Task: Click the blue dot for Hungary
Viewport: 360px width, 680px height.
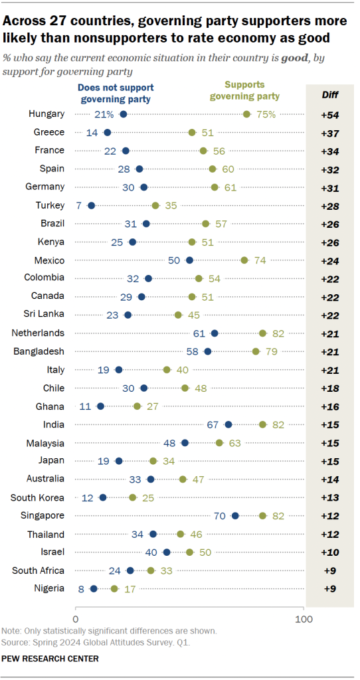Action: [124, 114]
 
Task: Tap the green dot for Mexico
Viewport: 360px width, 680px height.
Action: [244, 260]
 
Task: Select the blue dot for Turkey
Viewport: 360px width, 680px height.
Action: [92, 205]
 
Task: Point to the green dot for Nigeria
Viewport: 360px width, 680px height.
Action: [114, 588]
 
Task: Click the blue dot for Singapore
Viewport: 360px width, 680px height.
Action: [235, 515]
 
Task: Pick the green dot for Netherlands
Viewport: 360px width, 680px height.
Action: [263, 333]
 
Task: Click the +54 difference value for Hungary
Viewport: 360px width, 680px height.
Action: [329, 114]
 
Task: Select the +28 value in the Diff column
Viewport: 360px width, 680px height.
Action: [329, 205]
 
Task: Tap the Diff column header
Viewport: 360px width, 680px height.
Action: [329, 94]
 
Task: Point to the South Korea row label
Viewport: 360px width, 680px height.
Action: [38, 497]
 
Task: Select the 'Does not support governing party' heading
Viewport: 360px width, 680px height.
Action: [114, 93]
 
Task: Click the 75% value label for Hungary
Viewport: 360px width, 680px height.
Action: [266, 114]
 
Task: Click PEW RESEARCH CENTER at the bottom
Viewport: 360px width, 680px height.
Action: [50, 658]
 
